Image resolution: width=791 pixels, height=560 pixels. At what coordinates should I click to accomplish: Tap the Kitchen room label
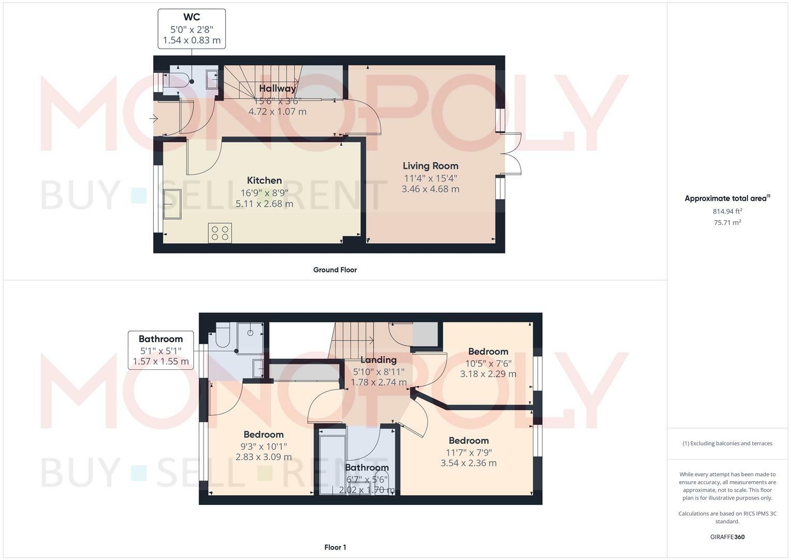coord(264,180)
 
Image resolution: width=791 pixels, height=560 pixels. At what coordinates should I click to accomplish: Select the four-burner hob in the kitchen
coord(220,233)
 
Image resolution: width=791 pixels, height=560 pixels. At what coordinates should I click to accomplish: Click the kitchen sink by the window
coord(172,204)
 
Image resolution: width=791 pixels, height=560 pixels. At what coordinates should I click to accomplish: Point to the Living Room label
coord(430,166)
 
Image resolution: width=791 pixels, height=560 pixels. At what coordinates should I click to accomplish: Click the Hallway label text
coord(277,88)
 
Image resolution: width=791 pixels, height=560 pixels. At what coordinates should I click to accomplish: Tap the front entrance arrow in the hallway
coord(153,119)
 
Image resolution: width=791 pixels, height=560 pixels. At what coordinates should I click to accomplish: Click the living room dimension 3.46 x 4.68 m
coord(430,189)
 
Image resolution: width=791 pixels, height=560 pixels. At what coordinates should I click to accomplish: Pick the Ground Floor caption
coord(335,270)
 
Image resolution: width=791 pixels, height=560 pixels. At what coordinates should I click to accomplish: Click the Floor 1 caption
coord(335,547)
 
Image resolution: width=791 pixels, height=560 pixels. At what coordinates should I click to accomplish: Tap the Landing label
coord(379,360)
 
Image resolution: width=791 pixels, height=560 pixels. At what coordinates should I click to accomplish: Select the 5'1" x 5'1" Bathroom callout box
coord(161,351)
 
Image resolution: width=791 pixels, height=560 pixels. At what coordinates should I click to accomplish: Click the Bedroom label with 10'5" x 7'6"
coord(488,352)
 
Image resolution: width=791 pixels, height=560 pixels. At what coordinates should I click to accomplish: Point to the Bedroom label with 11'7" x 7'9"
coord(469,441)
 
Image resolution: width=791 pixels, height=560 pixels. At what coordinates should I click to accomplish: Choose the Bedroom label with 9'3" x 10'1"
coord(264,435)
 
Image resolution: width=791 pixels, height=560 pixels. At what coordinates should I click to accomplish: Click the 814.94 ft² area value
coord(727,211)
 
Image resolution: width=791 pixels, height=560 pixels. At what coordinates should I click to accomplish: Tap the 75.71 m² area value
coord(727,222)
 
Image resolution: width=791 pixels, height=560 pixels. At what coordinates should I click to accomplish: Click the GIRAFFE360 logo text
coord(727,537)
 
